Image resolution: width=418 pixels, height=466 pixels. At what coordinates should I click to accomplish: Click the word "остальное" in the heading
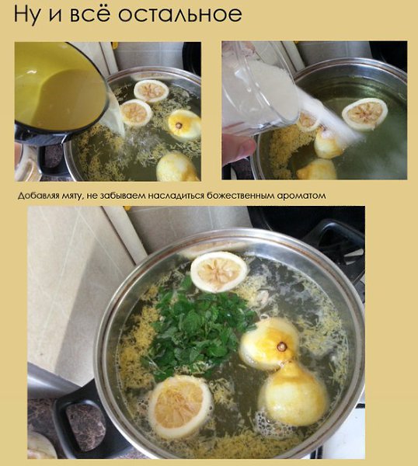[180, 14]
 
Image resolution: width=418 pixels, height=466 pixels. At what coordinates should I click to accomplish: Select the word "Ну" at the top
[26, 15]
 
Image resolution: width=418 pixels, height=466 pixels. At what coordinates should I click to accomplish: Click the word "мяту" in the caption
[71, 196]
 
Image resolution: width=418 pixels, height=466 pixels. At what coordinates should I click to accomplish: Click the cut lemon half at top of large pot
[219, 272]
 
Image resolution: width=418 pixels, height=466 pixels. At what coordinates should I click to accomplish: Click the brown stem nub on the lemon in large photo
[281, 346]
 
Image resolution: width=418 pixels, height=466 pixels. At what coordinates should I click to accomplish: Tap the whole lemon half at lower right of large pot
[293, 394]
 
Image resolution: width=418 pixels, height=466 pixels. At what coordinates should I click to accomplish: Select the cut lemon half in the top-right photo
[365, 114]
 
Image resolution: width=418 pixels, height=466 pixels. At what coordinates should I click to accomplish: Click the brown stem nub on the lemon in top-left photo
[179, 125]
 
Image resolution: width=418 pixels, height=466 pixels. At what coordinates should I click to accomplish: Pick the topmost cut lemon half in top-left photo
[151, 91]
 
